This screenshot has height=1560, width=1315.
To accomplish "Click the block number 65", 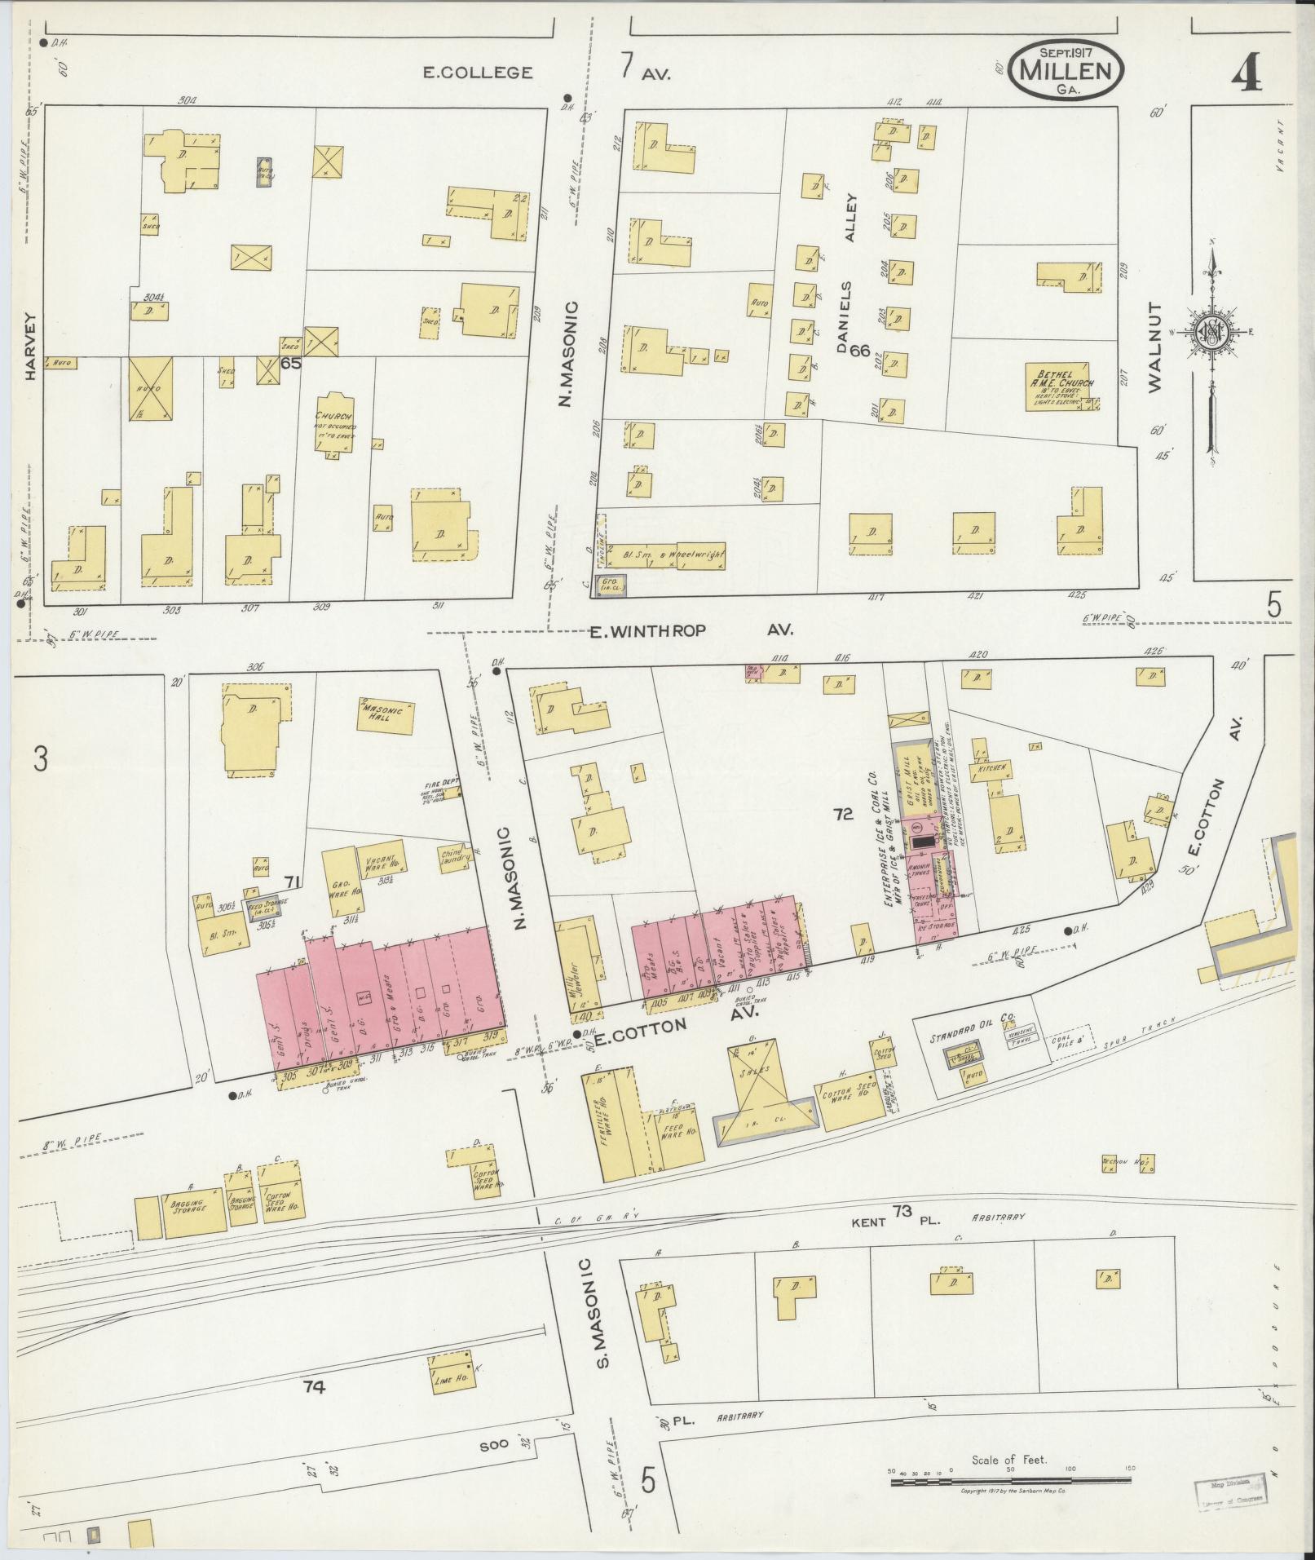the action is point(290,364).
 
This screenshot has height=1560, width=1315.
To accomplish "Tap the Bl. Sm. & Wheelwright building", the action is point(667,555).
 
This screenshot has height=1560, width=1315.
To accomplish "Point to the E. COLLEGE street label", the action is point(478,73).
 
